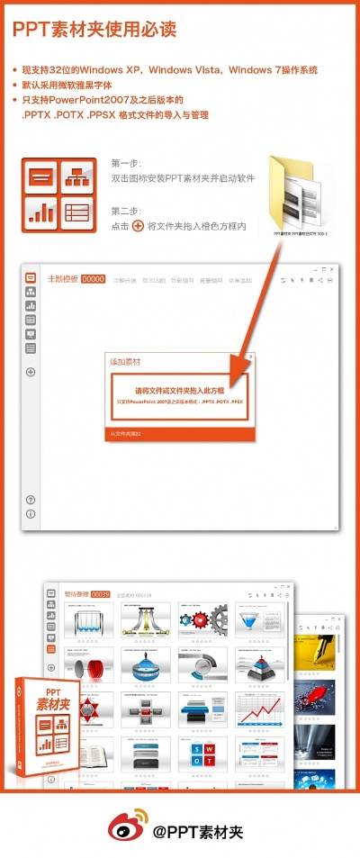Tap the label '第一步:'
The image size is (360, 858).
coord(126,163)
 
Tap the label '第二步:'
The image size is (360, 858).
coord(126,211)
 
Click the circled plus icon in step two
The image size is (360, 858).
coord(138,226)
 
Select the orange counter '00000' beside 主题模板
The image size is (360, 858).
coord(94,280)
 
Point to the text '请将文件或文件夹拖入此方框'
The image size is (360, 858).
coord(179,391)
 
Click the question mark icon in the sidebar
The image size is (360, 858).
coord(31,500)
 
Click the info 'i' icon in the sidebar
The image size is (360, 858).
coord(31,514)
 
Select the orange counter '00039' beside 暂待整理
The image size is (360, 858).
coord(100,594)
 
